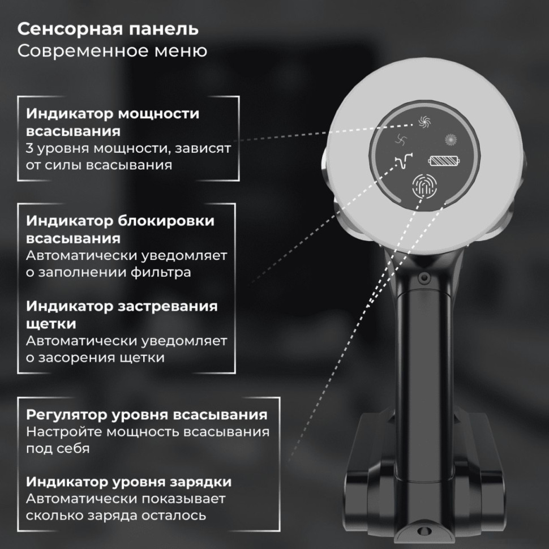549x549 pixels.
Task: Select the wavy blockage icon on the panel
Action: click(403, 163)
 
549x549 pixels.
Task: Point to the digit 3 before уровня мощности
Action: click(30, 149)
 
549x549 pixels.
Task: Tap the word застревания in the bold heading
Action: click(168, 306)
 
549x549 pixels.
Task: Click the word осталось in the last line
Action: click(174, 516)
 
